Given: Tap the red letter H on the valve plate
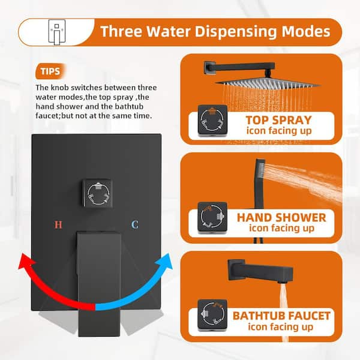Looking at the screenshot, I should tap(58, 225).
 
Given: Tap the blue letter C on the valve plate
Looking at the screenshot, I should tap(136, 225).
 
